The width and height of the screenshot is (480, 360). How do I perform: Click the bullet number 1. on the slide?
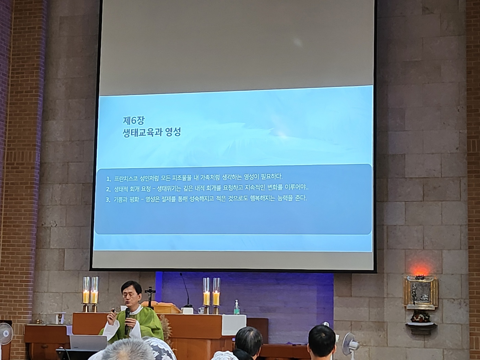109,179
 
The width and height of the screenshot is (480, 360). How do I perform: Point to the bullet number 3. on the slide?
108,200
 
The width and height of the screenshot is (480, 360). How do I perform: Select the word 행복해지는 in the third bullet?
262,199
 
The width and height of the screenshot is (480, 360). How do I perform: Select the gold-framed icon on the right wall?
421,292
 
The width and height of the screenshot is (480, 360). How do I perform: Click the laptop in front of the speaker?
88,343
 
